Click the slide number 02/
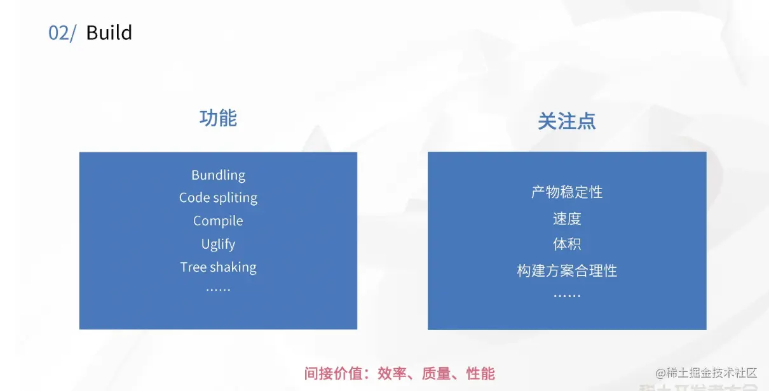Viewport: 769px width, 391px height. (62, 33)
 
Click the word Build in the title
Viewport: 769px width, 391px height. (109, 32)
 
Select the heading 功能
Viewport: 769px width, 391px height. (219, 118)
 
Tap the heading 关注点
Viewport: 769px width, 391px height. (567, 121)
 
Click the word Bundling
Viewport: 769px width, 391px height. (219, 175)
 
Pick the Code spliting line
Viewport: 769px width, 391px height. (219, 198)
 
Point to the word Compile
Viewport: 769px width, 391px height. (219, 221)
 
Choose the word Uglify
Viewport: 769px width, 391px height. (219, 244)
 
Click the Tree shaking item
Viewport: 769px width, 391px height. (219, 267)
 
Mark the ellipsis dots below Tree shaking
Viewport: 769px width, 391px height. (219, 290)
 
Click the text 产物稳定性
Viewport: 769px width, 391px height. (567, 192)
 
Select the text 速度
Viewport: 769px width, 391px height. (567, 218)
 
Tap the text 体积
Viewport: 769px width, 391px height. (567, 244)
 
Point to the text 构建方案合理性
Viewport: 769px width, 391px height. (567, 270)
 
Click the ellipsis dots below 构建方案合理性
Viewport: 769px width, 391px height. (567, 296)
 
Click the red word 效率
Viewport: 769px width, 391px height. (392, 373)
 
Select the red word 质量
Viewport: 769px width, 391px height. (436, 373)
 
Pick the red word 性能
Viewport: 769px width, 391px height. (480, 373)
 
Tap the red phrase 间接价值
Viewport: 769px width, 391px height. (333, 373)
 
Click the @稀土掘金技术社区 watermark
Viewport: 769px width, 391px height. (706, 373)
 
